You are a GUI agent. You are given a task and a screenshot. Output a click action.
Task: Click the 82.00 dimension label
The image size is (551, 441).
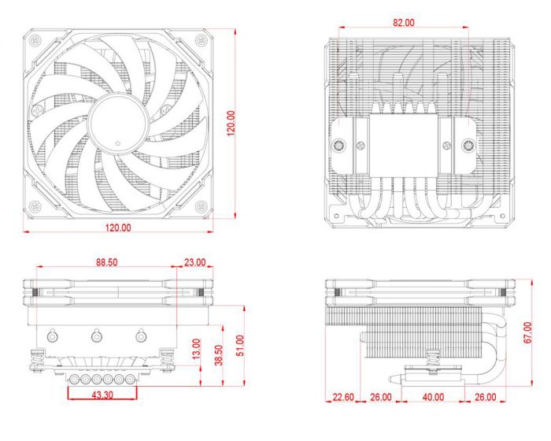click(403, 23)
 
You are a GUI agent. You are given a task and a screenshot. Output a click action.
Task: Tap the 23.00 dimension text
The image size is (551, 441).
click(194, 261)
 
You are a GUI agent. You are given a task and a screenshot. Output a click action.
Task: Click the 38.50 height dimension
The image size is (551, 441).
click(219, 354)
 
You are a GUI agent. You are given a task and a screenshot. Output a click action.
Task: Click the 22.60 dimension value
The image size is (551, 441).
click(342, 397)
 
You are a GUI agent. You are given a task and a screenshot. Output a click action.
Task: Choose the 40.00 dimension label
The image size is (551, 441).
click(432, 397)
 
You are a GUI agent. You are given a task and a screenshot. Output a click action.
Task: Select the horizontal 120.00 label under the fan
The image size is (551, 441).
click(116, 228)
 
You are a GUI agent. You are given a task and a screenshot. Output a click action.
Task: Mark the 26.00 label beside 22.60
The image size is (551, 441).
click(381, 397)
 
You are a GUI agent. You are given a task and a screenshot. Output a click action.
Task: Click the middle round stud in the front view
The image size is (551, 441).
click(96, 337)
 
